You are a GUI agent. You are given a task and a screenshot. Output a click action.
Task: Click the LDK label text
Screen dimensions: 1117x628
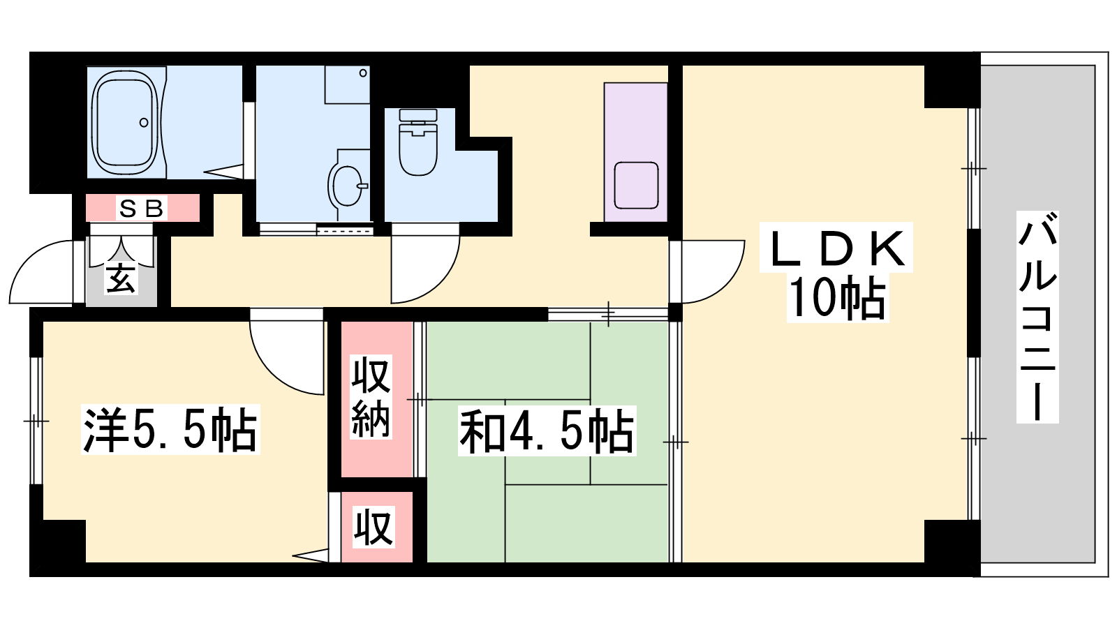pos(836,248)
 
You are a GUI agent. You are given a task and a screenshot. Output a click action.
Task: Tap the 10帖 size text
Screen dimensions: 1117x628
pos(838,298)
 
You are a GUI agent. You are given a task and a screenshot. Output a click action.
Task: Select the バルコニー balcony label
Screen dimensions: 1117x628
pos(1037,317)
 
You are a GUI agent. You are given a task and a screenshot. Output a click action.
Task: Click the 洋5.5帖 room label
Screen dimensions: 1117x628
pos(170,429)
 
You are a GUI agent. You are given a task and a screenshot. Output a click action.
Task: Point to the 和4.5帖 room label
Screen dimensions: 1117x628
pos(547,431)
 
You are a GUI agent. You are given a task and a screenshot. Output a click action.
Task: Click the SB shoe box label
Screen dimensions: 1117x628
pos(142,209)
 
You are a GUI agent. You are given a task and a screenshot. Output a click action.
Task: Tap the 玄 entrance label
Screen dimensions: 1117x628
pos(121,279)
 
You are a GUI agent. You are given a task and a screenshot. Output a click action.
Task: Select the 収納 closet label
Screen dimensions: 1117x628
pos(371,397)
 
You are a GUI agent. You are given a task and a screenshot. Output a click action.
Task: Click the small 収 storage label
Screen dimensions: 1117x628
pos(373,528)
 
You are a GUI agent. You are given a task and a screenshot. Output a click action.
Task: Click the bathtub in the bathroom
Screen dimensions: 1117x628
pos(126,122)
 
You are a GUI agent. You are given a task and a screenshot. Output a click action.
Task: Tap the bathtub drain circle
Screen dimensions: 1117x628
pos(144,122)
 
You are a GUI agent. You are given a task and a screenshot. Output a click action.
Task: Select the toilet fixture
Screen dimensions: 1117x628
pos(418,142)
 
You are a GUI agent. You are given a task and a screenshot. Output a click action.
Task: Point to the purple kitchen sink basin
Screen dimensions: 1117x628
pos(636,186)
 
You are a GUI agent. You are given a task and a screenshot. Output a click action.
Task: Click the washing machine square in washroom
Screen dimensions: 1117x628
pos(347,84)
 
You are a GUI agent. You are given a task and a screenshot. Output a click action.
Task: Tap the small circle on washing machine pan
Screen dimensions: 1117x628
pos(363,73)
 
